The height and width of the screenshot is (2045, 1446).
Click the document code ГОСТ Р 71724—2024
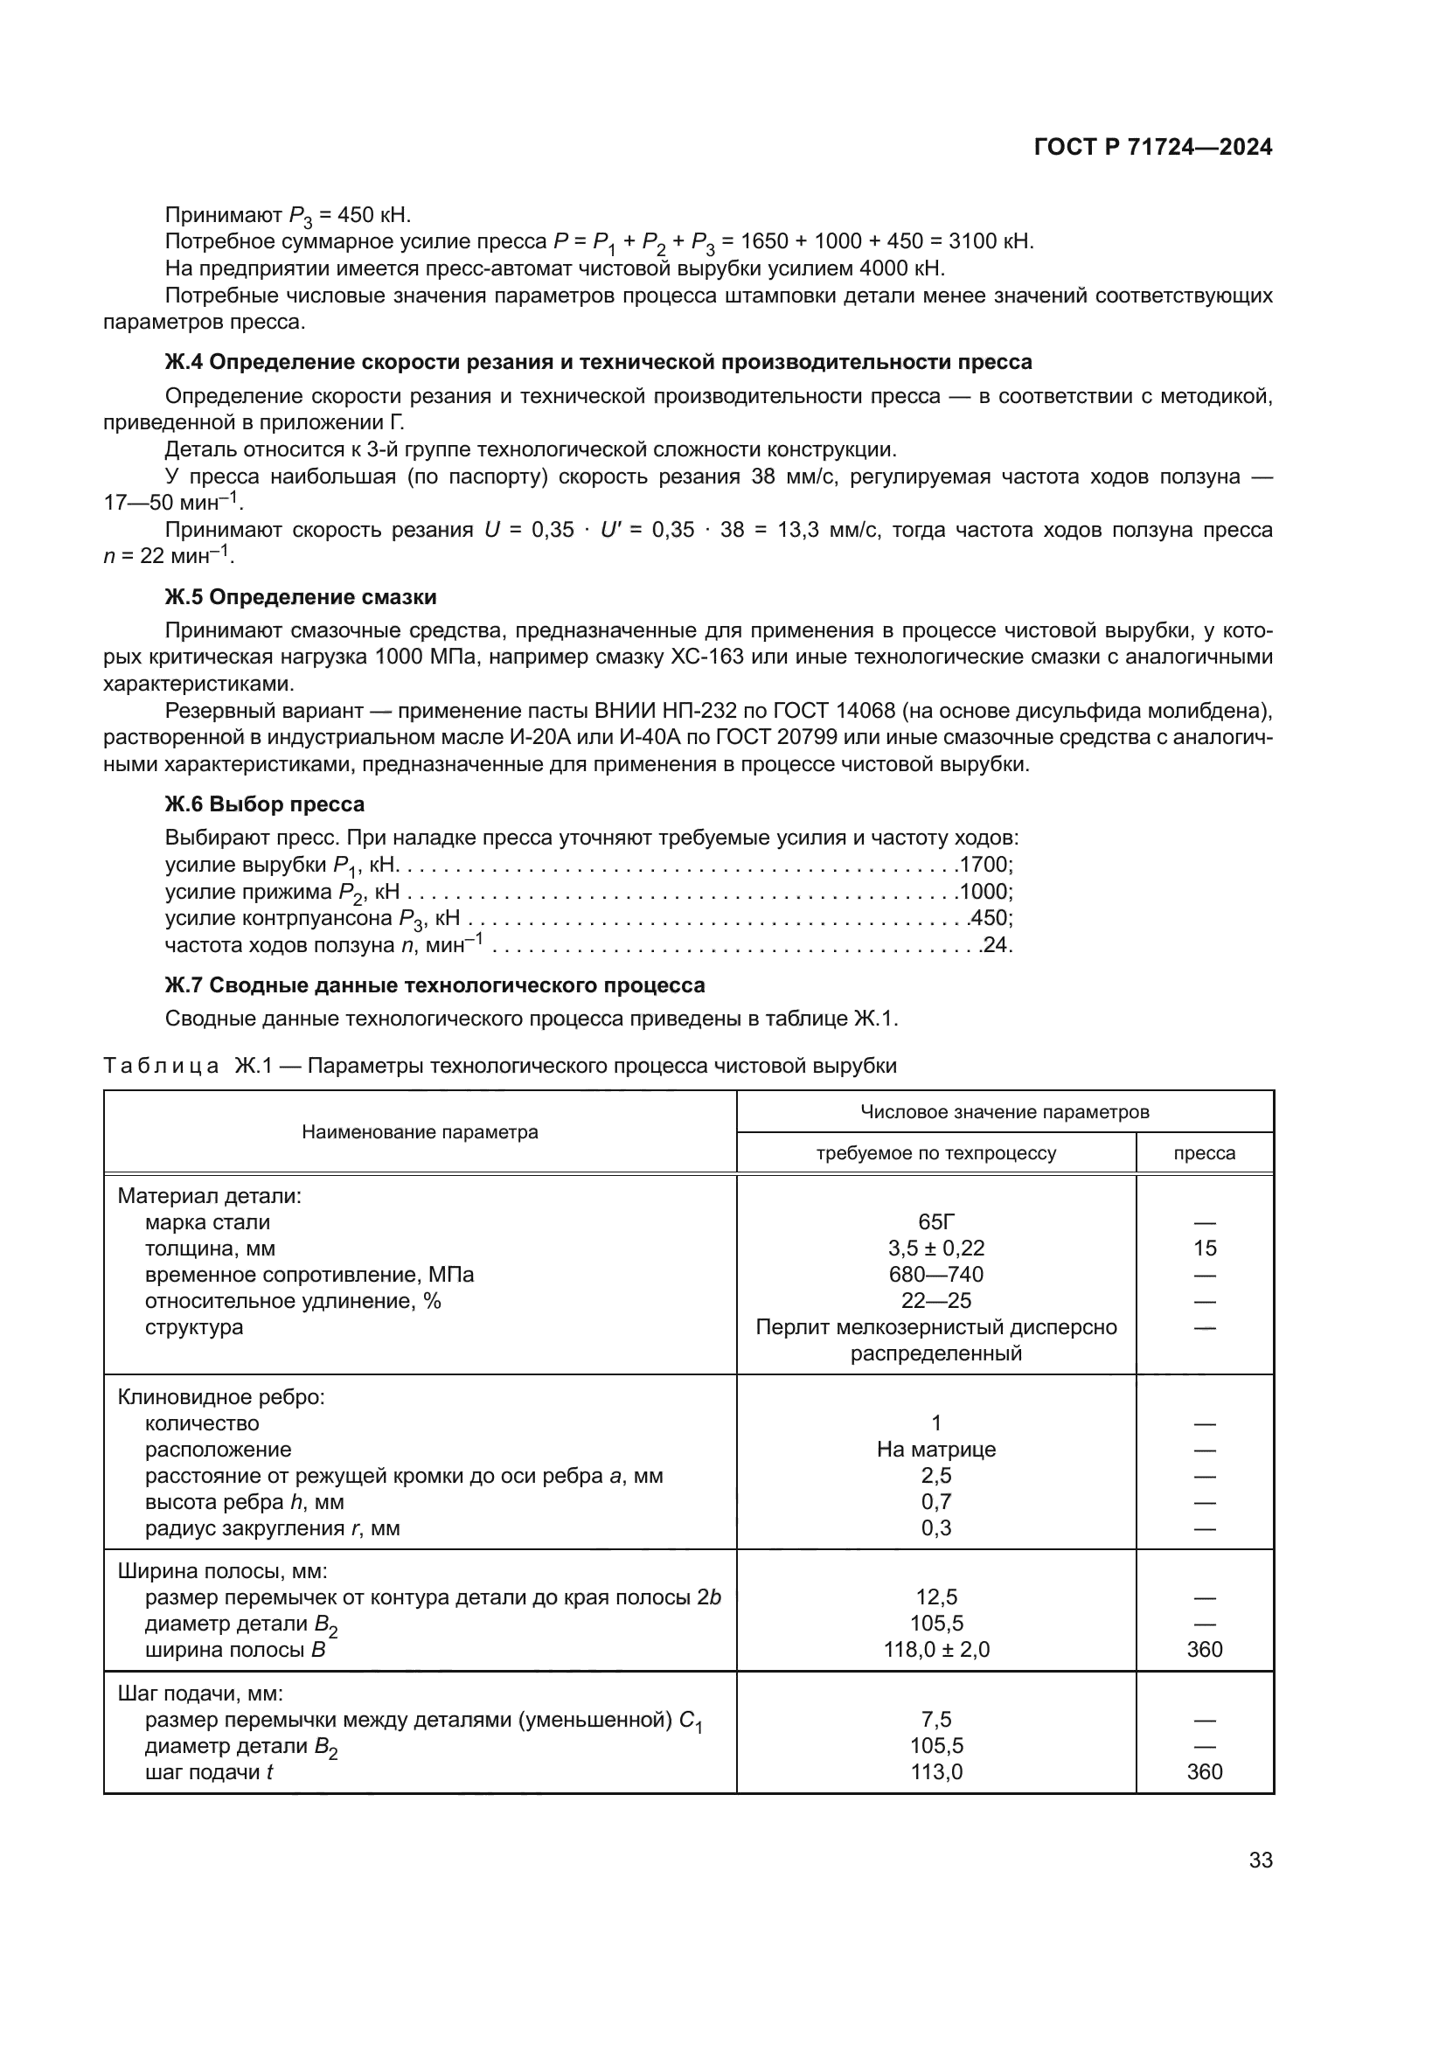click(x=1153, y=148)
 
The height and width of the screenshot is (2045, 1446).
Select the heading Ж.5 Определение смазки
click(x=300, y=597)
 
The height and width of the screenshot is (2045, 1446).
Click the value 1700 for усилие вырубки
click(x=984, y=865)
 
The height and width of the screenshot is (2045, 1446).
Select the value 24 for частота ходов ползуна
click(x=997, y=945)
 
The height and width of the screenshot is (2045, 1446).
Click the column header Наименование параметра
click(x=420, y=1132)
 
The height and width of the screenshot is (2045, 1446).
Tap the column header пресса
click(x=1204, y=1153)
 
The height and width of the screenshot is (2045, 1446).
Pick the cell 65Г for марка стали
click(x=935, y=1222)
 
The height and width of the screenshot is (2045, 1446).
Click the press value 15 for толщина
click(x=1205, y=1249)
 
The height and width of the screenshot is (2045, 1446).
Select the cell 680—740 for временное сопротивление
click(x=935, y=1275)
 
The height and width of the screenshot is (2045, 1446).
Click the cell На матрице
click(x=935, y=1449)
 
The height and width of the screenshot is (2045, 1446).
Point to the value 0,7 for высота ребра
click(x=935, y=1502)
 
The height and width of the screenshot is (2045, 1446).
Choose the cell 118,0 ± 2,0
click(x=935, y=1650)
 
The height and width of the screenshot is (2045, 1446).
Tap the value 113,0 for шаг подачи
click(x=935, y=1771)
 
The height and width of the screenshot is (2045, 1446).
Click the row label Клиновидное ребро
click(x=221, y=1396)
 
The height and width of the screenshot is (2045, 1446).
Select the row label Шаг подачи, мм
click(x=200, y=1694)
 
